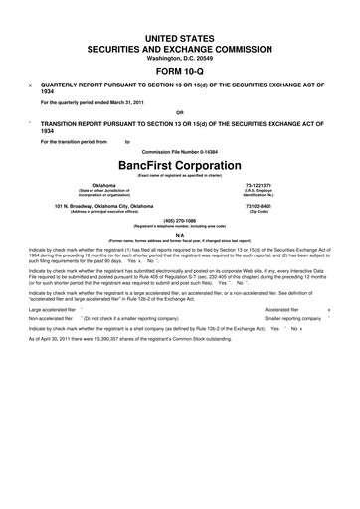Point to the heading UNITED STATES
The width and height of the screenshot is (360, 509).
click(x=180, y=36)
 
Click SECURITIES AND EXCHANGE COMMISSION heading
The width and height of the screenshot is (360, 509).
click(x=180, y=46)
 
